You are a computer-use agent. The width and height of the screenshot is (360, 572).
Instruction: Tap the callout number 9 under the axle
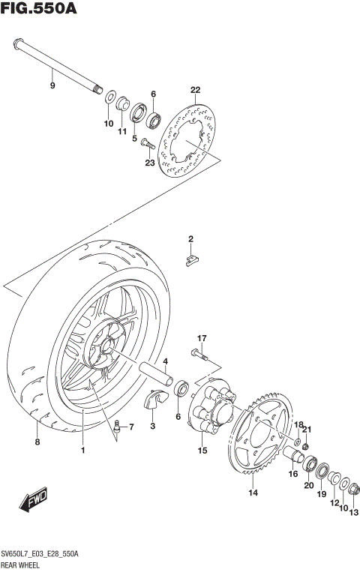[x=52, y=86]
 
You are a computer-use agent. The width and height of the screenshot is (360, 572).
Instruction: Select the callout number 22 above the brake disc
[x=196, y=91]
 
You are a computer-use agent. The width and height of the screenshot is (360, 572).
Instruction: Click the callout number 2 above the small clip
[x=190, y=239]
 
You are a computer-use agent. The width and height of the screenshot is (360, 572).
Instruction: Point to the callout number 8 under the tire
[x=37, y=443]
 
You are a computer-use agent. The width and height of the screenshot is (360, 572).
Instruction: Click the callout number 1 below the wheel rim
[x=83, y=450]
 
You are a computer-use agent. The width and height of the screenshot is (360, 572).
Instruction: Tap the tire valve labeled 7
[x=117, y=427]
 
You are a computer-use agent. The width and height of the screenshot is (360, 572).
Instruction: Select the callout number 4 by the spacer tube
[x=165, y=361]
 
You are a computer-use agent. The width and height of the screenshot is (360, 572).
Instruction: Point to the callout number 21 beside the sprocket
[x=306, y=429]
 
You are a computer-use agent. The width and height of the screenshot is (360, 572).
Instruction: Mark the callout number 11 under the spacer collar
[x=121, y=132]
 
